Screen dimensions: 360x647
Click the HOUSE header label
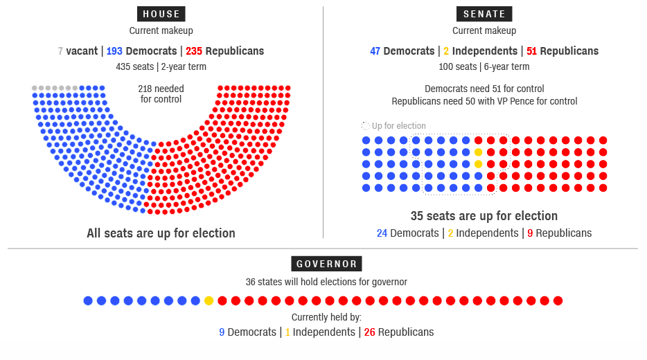point(161,14)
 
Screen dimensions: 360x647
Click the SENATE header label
point(484,14)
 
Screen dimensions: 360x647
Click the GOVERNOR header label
point(326,264)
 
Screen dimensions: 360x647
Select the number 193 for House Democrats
point(114,51)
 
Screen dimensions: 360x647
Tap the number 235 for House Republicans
point(194,51)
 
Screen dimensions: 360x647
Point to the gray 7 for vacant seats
point(60,51)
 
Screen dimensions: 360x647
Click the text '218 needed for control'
point(161,94)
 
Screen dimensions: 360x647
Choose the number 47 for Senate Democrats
point(375,51)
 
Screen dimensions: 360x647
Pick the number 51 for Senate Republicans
point(532,51)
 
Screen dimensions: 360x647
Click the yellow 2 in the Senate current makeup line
point(446,51)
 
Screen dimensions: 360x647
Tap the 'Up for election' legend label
point(398,126)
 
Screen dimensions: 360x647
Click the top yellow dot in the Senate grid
point(478,152)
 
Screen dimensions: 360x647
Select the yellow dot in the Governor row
point(209,300)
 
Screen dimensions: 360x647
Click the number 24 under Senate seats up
point(382,233)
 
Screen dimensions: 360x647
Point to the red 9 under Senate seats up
point(530,233)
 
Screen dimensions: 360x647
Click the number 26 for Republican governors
point(370,332)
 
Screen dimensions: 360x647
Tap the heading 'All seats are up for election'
point(161,233)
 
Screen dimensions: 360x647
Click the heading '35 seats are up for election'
point(484,216)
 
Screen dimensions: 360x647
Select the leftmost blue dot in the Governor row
point(88,300)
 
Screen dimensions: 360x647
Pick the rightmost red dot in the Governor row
point(558,300)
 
